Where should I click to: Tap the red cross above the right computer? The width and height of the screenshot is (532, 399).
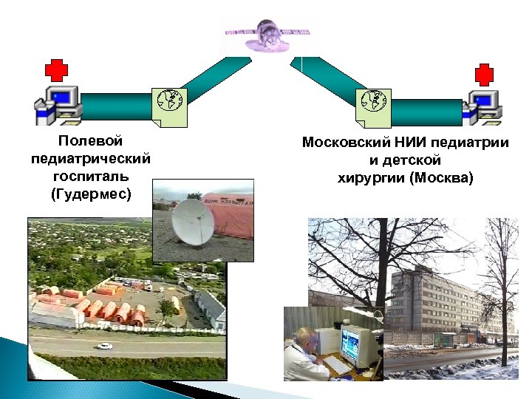483,75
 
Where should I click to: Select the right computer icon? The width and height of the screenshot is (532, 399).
482,106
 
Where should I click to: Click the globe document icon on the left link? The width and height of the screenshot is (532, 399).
171,106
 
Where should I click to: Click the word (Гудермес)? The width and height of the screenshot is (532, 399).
90,194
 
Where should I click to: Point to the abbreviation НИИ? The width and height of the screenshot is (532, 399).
410,143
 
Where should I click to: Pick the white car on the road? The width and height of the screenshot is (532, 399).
103,346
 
